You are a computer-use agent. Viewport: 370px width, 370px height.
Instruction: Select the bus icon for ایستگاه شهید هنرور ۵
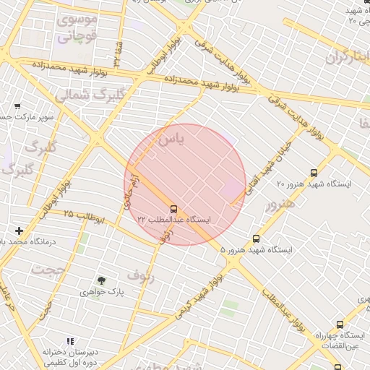pyautogui.click(x=256, y=238)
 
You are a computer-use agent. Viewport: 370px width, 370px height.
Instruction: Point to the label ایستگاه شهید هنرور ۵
pyautogui.click(x=257, y=250)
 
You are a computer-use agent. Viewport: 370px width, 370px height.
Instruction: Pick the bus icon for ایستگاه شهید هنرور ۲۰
pyautogui.click(x=314, y=173)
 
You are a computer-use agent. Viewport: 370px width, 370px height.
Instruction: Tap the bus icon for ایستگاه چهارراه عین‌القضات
pyautogui.click(x=340, y=325)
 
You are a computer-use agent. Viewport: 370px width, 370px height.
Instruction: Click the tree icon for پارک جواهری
pyautogui.click(x=101, y=280)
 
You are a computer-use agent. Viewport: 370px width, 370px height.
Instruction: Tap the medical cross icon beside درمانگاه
pyautogui.click(x=19, y=231)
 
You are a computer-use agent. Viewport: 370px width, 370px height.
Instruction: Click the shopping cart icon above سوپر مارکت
pyautogui.click(x=17, y=106)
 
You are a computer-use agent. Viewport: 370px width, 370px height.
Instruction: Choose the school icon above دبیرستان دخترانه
pyautogui.click(x=70, y=341)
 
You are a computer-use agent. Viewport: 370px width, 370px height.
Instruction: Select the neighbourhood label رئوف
pyautogui.click(x=141, y=275)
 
